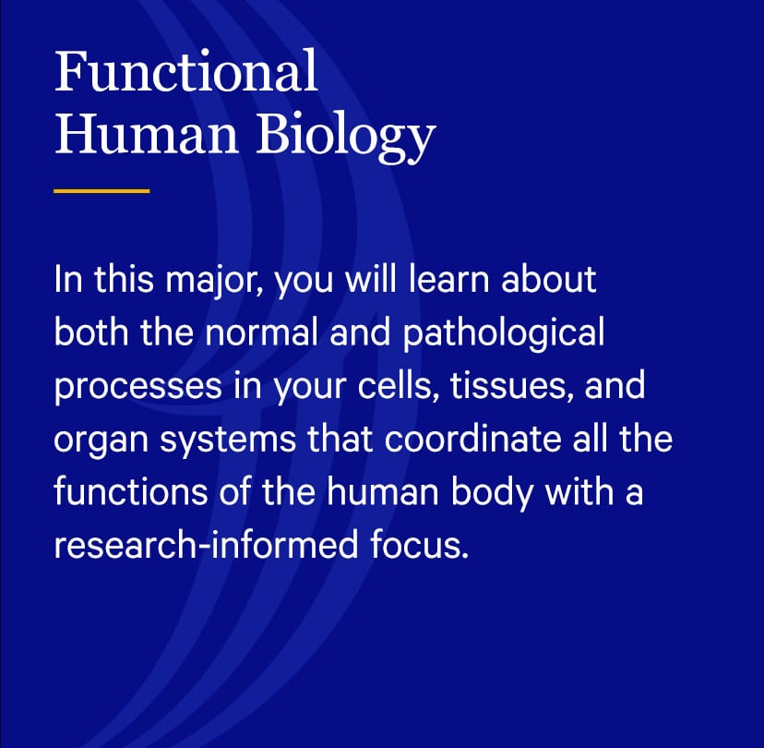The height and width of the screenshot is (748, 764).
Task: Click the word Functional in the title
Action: (186, 71)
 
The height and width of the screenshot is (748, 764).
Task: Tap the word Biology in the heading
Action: (345, 134)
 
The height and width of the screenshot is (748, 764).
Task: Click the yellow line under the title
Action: (101, 191)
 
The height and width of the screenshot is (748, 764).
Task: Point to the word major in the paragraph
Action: (214, 282)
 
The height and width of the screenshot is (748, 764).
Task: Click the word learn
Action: (448, 280)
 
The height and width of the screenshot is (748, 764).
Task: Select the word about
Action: (549, 280)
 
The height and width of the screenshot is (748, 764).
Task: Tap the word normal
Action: (261, 332)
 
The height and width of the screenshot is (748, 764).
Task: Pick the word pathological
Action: (504, 334)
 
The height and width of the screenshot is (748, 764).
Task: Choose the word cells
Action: (398, 385)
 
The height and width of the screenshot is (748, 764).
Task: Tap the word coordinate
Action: (472, 439)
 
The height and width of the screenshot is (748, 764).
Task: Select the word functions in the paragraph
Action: (130, 491)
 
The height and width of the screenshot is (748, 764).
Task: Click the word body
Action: (491, 493)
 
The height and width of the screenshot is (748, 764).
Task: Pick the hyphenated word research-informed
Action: (206, 544)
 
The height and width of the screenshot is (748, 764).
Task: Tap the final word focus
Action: (419, 544)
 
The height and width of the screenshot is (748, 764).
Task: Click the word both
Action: (91, 332)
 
